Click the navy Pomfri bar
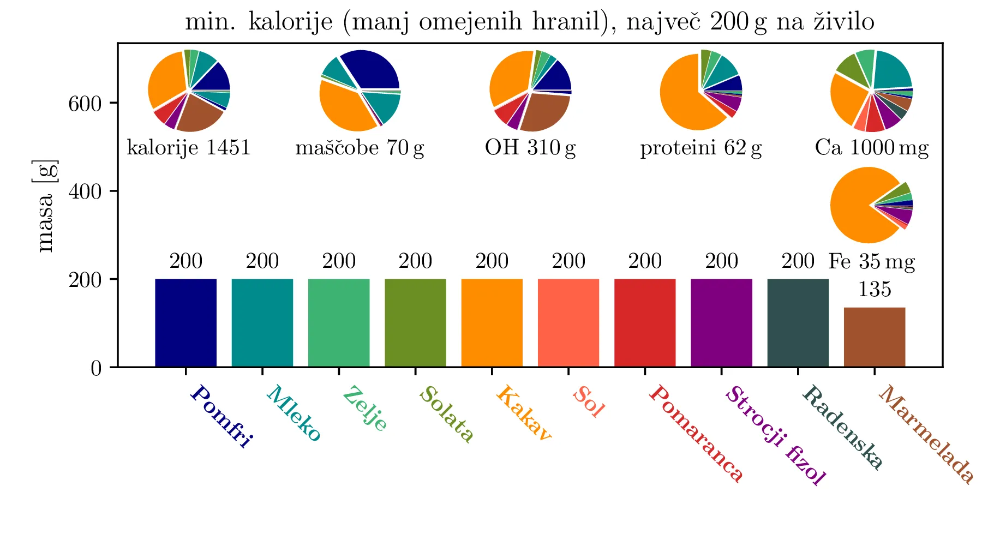pyautogui.click(x=185, y=322)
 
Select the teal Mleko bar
pyautogui.click(x=262, y=322)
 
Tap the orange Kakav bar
pyautogui.click(x=492, y=322)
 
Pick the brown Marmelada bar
pyautogui.click(x=874, y=337)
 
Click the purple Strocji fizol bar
pyautogui.click(x=721, y=322)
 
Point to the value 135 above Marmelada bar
pyautogui.click(x=874, y=289)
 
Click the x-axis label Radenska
pyautogui.click(x=842, y=427)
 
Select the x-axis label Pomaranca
pyautogui.click(x=696, y=433)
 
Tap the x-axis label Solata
pyautogui.click(x=446, y=414)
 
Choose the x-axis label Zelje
pyautogui.click(x=365, y=408)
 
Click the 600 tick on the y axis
pyautogui.click(x=85, y=104)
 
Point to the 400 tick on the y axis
pyautogui.click(x=85, y=192)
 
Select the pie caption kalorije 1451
pyautogui.click(x=188, y=148)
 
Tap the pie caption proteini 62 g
pyautogui.click(x=700, y=148)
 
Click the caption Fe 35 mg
pyautogui.click(x=871, y=262)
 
